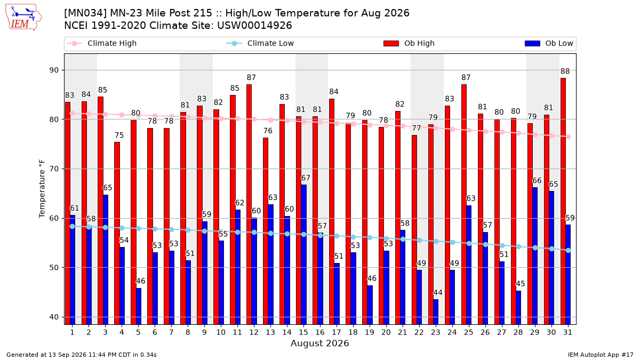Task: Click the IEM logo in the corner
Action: (23, 18)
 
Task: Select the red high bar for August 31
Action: (563, 201)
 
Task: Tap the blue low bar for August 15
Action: (303, 254)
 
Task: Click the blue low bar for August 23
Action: (436, 311)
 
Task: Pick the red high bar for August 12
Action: (249, 204)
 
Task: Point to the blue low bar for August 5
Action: (139, 306)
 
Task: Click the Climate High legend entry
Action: (102, 43)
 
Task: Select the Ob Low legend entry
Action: (549, 43)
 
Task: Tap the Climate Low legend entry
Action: (260, 43)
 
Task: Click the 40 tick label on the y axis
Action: (54, 317)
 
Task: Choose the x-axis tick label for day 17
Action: (337, 332)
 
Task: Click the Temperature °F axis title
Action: (42, 189)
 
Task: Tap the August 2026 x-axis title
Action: (319, 343)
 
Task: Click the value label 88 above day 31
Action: (565, 71)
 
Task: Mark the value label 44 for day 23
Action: (438, 293)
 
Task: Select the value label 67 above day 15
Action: (306, 178)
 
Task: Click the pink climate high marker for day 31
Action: (569, 137)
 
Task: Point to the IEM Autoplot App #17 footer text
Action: (601, 355)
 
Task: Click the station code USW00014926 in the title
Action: (254, 26)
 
